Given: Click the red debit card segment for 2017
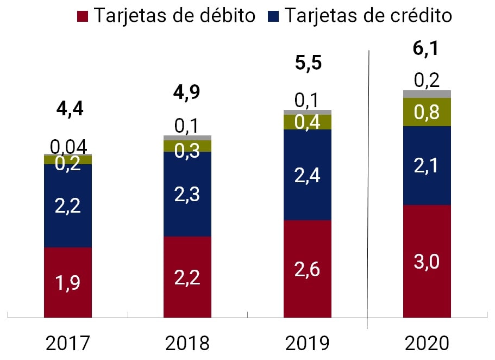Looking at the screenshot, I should tap(68, 282).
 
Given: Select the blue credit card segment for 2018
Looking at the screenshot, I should tap(187, 194).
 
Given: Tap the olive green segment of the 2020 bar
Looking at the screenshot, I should tap(427, 112).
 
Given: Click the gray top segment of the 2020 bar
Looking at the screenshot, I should tap(427, 94).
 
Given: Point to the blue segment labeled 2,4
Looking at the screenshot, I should tap(308, 175).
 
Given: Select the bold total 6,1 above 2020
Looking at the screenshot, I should tap(427, 48).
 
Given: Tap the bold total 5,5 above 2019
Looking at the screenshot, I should tap(308, 63).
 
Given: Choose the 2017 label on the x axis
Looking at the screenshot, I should tap(68, 343).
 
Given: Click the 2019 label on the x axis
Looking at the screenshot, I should tap(308, 343).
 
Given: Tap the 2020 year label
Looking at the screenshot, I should tap(427, 343).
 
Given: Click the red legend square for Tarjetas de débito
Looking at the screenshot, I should tap(83, 15).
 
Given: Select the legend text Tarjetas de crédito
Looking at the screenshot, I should tap(368, 15).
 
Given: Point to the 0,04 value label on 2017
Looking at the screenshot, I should tap(68, 146).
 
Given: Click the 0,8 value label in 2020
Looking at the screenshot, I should tap(427, 112).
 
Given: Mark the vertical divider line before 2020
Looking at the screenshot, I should tap(368, 190).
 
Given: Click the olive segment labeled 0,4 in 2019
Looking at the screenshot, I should tap(308, 122).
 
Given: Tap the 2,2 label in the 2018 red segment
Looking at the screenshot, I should tap(187, 277).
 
